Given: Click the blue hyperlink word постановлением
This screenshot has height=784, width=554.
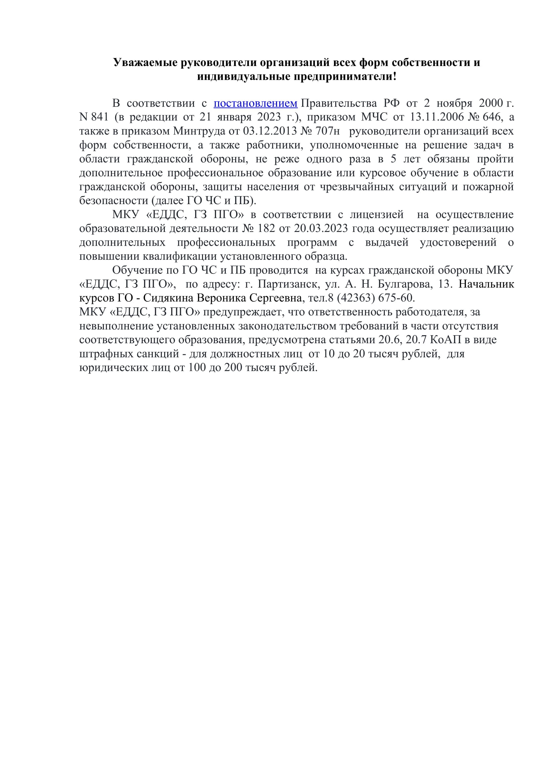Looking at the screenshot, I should pos(256,103).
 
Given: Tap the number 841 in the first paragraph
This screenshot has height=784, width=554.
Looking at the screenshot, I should pos(100,117).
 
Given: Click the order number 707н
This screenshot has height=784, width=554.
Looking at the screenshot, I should pos(328,131).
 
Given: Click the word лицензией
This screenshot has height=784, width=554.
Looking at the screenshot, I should pos(376,215).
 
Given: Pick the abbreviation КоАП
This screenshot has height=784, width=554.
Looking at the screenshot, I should pos(445,340).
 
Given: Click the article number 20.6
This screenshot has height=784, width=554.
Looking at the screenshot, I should pos(389,340).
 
